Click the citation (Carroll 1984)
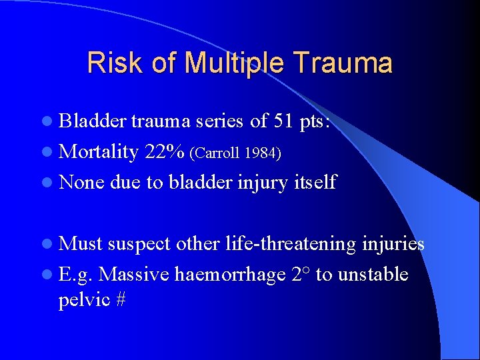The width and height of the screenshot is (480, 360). (x=236, y=153)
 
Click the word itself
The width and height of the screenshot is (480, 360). (x=316, y=181)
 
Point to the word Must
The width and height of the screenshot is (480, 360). (x=81, y=244)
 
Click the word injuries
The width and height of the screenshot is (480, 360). (x=394, y=244)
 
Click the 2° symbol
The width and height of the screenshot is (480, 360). (x=299, y=273)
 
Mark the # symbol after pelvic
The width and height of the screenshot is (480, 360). (x=121, y=300)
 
